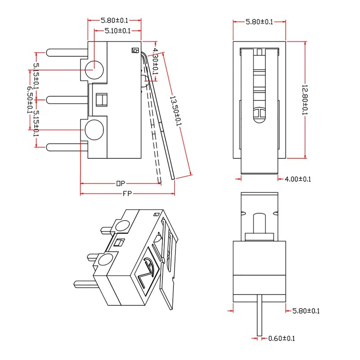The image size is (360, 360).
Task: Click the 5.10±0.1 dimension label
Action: click(117, 31)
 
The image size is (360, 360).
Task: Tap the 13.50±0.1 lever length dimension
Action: click(175, 111)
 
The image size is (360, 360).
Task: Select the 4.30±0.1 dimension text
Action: click(156, 61)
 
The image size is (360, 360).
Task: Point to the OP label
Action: click(120, 183)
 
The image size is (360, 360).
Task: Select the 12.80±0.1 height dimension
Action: click(304, 100)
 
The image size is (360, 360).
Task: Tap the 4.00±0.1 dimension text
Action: click(298, 179)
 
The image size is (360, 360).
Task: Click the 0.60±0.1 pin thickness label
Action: click(281, 338)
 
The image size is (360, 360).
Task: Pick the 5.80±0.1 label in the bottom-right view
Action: click(306, 310)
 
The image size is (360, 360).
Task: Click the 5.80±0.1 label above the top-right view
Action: click(259, 22)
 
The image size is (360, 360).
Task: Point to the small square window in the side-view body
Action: click(102, 99)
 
